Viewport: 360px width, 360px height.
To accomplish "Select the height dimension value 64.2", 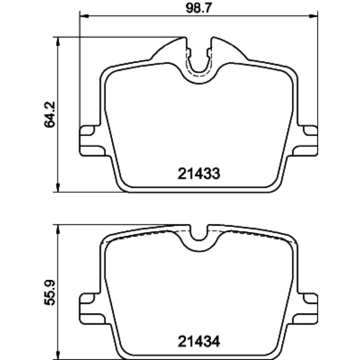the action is [50, 114].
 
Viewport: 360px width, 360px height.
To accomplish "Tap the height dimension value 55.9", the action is [50, 292].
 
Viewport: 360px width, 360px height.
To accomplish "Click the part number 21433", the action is [199, 173].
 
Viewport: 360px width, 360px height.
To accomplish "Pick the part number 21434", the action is [199, 342].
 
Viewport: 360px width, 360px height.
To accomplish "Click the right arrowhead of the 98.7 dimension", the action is [313, 16].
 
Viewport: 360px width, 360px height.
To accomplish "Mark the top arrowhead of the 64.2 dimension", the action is [58, 41].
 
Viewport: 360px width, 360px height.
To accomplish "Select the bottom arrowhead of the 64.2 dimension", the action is [58, 188].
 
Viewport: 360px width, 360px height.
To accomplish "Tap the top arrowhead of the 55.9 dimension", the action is [58, 229].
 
